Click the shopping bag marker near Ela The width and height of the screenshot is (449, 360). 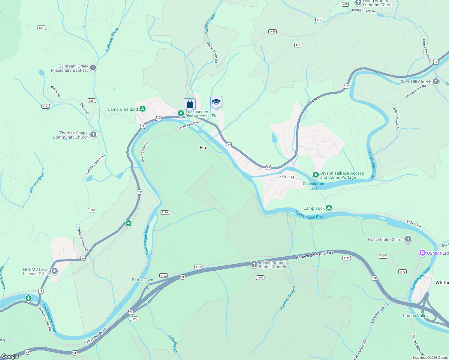tap(190, 104)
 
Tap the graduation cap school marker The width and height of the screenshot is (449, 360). tap(216, 102)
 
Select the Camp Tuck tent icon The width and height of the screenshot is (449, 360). tap(329, 208)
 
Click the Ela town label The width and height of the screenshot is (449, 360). tap(203, 148)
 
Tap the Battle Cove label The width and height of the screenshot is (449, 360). tap(142, 280)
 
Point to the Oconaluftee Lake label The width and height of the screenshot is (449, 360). tap(313, 186)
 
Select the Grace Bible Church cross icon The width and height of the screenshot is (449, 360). tap(408, 239)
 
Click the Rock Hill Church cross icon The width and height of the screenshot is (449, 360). tap(436, 82)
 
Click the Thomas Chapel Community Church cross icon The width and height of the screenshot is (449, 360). tap(93, 135)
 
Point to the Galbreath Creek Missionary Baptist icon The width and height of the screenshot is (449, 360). tap(93, 68)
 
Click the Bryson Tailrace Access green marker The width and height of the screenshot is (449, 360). tap(315, 175)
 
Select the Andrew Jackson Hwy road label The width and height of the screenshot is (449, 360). tap(315, 255)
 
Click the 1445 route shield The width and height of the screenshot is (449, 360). tap(272, 31)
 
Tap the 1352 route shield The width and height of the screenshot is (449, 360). tap(46, 106)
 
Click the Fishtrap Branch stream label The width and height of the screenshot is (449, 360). tap(288, 298)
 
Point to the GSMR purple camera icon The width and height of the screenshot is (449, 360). tap(423, 253)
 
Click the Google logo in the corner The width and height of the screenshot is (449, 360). tap(10, 356)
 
